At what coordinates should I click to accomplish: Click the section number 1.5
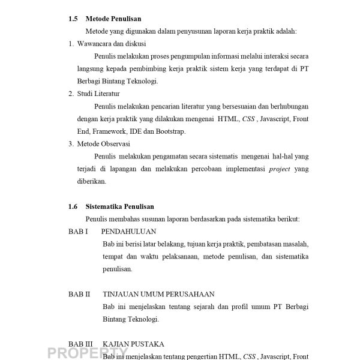click(x=73, y=19)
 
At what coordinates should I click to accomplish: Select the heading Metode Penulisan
click(x=113, y=19)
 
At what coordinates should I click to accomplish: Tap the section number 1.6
click(x=73, y=206)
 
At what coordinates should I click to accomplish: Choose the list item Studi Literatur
click(x=98, y=94)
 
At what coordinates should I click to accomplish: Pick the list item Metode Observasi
click(x=102, y=144)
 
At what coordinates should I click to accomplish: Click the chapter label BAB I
click(x=78, y=232)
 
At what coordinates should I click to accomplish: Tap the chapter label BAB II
click(x=79, y=294)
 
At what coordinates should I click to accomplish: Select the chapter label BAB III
click(x=80, y=344)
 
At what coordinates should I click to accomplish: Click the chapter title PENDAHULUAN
click(x=129, y=232)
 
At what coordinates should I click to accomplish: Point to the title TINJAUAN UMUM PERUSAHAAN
click(x=158, y=294)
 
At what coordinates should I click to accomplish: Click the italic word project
click(x=279, y=169)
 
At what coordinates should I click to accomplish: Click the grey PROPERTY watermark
click(x=83, y=353)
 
